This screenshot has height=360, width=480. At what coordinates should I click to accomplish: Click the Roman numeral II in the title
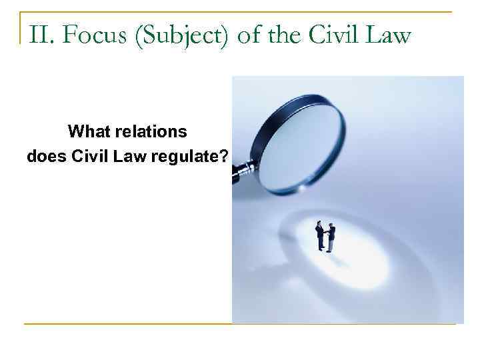point(38,34)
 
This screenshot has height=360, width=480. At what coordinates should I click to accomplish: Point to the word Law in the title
point(388,34)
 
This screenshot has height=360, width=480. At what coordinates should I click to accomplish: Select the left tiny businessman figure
point(320,235)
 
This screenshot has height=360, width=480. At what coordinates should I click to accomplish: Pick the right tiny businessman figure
point(331,238)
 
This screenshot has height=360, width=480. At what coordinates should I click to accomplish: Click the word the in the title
point(283,34)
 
